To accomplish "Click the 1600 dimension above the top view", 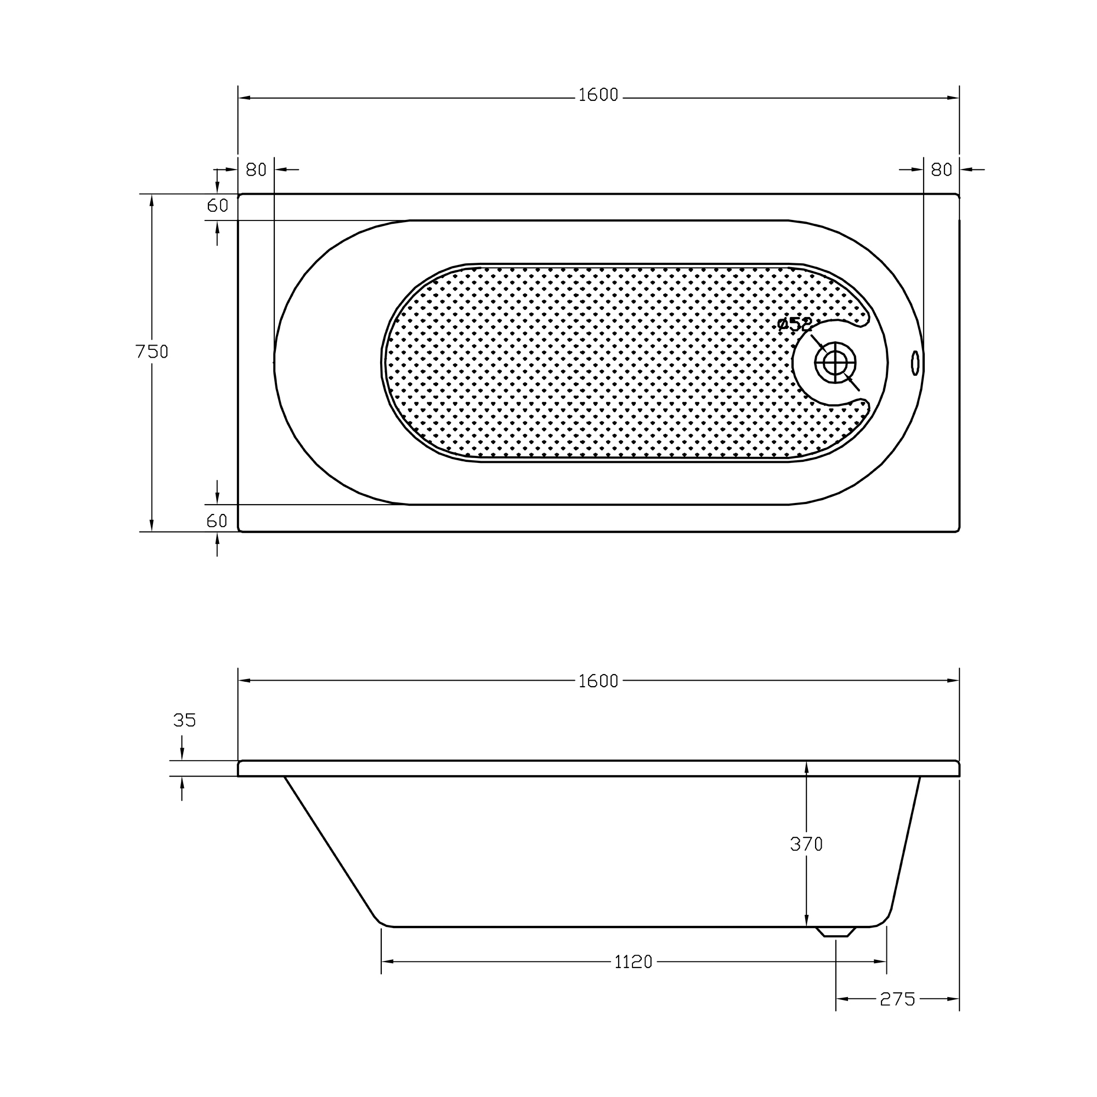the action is pos(598,95).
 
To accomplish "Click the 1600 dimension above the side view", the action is pos(598,681).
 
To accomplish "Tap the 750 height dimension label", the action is pos(152,352).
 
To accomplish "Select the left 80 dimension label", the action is pos(256,170).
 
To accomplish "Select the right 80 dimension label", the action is pos(941,170).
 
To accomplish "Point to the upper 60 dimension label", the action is pos(217,206).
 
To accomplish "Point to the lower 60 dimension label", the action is pos(217,521).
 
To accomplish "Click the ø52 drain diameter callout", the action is pos(795,324).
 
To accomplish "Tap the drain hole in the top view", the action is pos(835,362).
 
